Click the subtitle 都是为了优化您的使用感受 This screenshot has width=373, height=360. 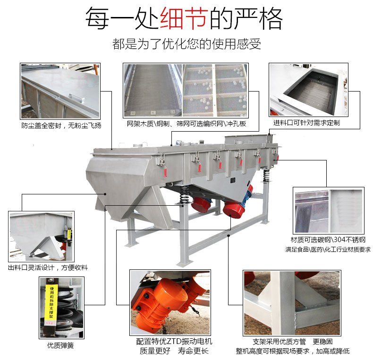click(x=186, y=44)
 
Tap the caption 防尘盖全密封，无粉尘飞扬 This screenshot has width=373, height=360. click(x=61, y=126)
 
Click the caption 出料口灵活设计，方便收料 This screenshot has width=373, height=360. click(x=48, y=268)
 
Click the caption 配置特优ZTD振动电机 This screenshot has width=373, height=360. click(x=174, y=341)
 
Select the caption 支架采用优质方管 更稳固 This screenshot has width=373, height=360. click(x=286, y=341)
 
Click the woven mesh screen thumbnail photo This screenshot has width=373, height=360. click(x=152, y=91)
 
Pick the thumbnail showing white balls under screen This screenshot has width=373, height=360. click(x=215, y=91)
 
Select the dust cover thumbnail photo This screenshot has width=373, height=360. click(x=60, y=91)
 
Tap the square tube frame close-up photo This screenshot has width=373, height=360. click(x=291, y=302)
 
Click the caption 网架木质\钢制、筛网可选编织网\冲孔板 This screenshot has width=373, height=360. click(x=186, y=125)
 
